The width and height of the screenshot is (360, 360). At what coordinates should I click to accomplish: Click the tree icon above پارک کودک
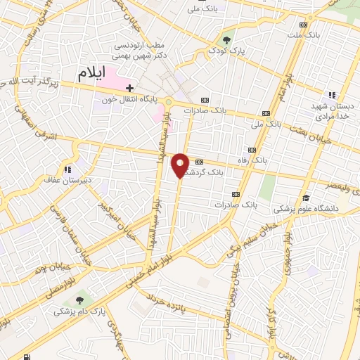click(x=226, y=39)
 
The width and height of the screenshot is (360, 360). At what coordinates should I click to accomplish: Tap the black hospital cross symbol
click(x=129, y=88)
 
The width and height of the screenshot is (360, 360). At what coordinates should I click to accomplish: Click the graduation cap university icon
click(x=307, y=198)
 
